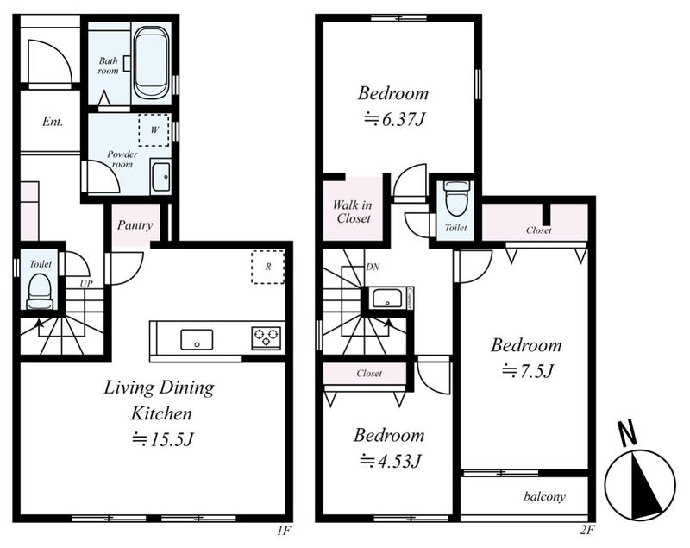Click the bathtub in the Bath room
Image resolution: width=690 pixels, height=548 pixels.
(x=151, y=62)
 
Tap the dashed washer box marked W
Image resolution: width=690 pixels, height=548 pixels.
(x=154, y=129)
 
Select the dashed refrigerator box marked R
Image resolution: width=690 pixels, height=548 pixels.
(x=268, y=267)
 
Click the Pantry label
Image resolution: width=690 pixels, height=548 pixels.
(x=135, y=225)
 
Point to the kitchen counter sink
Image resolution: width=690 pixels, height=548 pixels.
(x=197, y=340)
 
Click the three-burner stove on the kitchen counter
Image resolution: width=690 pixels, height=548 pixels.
(x=267, y=338)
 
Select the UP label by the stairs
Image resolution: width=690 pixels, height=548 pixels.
(x=86, y=284)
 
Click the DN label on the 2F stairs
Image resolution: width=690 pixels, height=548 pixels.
(x=373, y=267)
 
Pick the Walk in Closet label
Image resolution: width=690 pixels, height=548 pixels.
(x=352, y=211)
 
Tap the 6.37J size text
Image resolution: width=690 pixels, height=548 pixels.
(x=394, y=119)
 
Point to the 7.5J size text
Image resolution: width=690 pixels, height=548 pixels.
(x=527, y=371)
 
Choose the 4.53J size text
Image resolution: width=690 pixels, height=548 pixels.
(x=391, y=462)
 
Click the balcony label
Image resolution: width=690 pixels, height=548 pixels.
(x=545, y=497)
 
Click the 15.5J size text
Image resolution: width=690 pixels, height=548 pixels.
(x=163, y=439)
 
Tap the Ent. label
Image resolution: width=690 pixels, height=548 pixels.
(x=53, y=121)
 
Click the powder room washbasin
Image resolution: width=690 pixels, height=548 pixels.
(x=160, y=176)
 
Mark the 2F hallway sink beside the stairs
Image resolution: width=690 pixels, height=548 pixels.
(x=387, y=298)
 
